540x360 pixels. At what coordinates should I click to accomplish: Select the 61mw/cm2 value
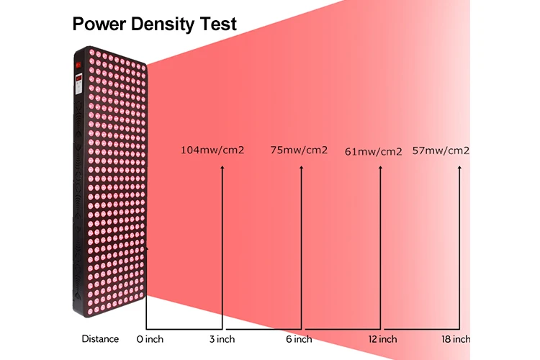coord(373,151)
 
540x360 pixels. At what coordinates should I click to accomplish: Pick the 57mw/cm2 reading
coord(441,150)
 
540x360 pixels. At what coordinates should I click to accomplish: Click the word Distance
coord(100,338)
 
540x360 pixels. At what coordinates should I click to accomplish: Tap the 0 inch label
coord(150,338)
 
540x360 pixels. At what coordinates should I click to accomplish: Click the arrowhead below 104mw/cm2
coord(222,168)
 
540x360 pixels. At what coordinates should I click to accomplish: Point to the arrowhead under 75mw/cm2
coord(302,168)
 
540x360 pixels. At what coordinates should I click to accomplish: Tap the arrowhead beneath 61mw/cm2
coord(380,168)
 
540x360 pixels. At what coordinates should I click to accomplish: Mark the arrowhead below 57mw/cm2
coord(459,168)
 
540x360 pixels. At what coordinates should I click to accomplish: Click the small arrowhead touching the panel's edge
coord(146,249)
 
